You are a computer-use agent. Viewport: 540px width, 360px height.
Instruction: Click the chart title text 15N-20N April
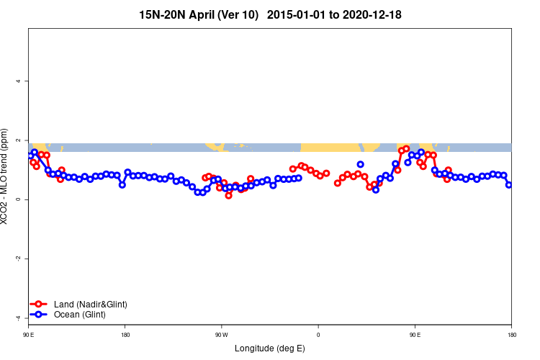click(x=199, y=14)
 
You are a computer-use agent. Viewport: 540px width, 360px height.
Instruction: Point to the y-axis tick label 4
click(x=18, y=81)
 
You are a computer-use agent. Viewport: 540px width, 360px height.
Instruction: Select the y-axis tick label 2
click(x=18, y=140)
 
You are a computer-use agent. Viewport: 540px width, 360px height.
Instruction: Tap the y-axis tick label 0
click(x=18, y=199)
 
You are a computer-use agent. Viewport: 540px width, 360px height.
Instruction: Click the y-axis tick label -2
click(x=18, y=258)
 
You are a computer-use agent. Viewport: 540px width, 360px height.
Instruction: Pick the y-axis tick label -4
click(x=18, y=318)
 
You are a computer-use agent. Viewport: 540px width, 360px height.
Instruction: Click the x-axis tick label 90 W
click(x=221, y=335)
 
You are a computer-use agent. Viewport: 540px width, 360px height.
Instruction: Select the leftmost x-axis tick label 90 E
click(x=29, y=335)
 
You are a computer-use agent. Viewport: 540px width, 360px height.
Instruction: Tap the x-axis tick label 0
click(x=318, y=335)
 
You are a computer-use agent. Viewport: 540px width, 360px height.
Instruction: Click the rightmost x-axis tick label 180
click(x=511, y=335)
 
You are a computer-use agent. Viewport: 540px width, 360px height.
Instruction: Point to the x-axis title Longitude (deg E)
click(x=270, y=349)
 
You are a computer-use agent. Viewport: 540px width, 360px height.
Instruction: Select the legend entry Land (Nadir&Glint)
click(x=90, y=305)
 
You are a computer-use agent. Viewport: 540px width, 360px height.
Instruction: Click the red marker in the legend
click(x=40, y=305)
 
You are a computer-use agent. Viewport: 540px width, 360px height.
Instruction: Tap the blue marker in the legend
click(x=40, y=315)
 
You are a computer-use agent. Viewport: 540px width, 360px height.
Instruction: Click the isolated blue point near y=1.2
click(x=360, y=164)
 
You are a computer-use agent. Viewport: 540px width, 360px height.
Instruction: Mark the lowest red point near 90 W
click(x=228, y=195)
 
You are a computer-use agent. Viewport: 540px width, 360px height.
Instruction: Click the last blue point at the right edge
click(x=509, y=185)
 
